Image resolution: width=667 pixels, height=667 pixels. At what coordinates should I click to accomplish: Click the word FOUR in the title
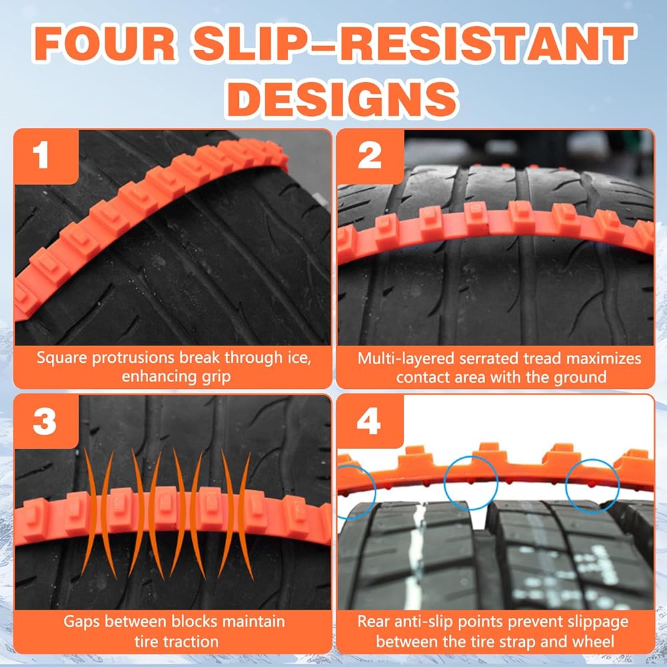tap(104, 44)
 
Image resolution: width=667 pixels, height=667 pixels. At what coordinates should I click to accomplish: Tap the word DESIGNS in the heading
tap(342, 98)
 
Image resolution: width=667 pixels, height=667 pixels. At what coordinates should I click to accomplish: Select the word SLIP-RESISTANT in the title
tap(414, 43)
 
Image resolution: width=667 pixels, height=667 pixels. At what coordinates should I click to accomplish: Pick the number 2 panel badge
tap(370, 155)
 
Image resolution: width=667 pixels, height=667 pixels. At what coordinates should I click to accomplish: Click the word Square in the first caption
tap(62, 358)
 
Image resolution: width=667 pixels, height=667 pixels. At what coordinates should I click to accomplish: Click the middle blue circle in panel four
tap(470, 456)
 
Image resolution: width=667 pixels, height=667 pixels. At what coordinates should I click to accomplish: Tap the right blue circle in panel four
tap(592, 460)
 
